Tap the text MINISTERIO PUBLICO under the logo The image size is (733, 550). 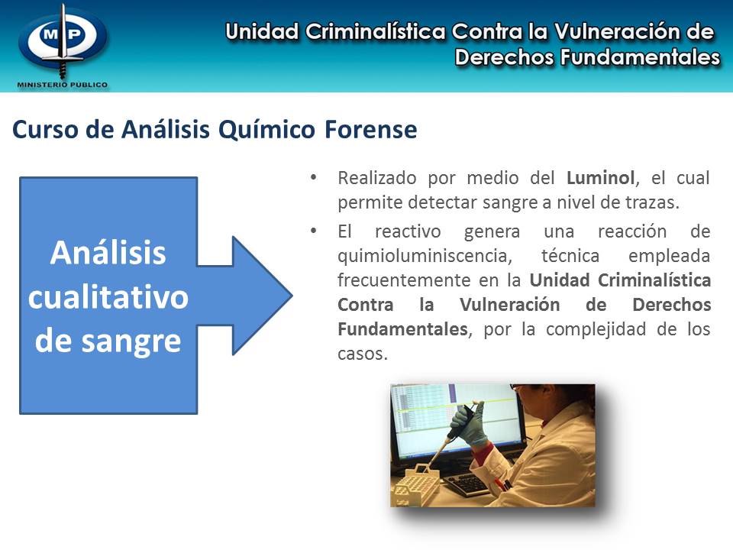coord(62,85)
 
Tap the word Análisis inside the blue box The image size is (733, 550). coord(108,253)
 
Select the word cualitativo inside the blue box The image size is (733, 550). coord(108,297)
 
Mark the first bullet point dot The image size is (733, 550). coord(313,178)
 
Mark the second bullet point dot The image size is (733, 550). coord(313,231)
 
